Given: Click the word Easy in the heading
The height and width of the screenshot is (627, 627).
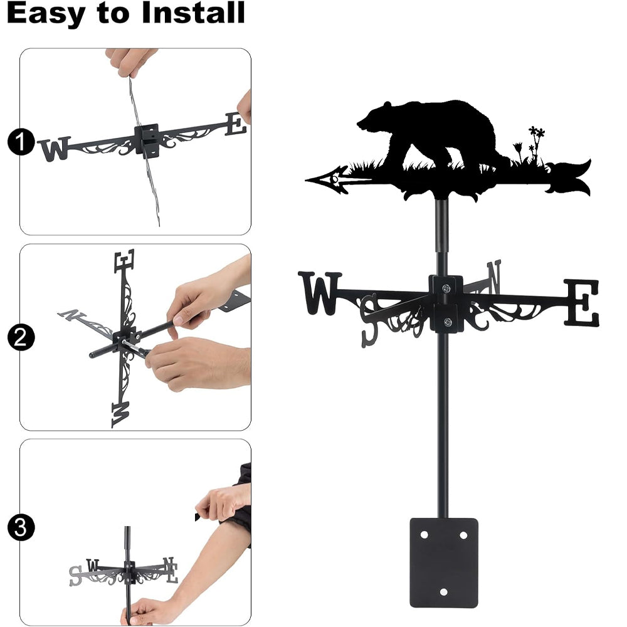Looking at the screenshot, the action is click(46, 14).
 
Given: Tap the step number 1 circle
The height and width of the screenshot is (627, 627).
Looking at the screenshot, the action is click(21, 142).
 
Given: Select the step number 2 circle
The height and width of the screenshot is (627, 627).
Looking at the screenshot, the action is click(21, 337).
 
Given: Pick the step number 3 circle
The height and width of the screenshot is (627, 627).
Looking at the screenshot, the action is click(21, 527).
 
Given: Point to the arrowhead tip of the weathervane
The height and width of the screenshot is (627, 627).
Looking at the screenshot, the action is click(306, 181).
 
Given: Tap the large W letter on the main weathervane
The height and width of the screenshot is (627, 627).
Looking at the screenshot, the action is click(320, 293).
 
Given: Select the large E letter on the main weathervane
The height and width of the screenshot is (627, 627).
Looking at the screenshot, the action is click(582, 302).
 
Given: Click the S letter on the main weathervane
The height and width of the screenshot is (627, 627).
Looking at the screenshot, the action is click(369, 320).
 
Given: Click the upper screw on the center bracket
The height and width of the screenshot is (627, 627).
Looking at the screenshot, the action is click(445, 288).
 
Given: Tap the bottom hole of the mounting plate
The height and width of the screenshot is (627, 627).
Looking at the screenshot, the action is click(443, 592).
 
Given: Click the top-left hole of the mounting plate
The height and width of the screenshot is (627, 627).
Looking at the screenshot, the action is click(424, 535).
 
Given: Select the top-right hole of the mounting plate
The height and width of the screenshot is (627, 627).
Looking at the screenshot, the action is click(463, 535).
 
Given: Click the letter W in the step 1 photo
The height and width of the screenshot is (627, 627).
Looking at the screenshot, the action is click(55, 149).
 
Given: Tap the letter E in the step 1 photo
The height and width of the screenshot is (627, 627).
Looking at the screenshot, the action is click(235, 124).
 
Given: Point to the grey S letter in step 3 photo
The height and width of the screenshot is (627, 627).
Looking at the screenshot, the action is click(75, 576).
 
